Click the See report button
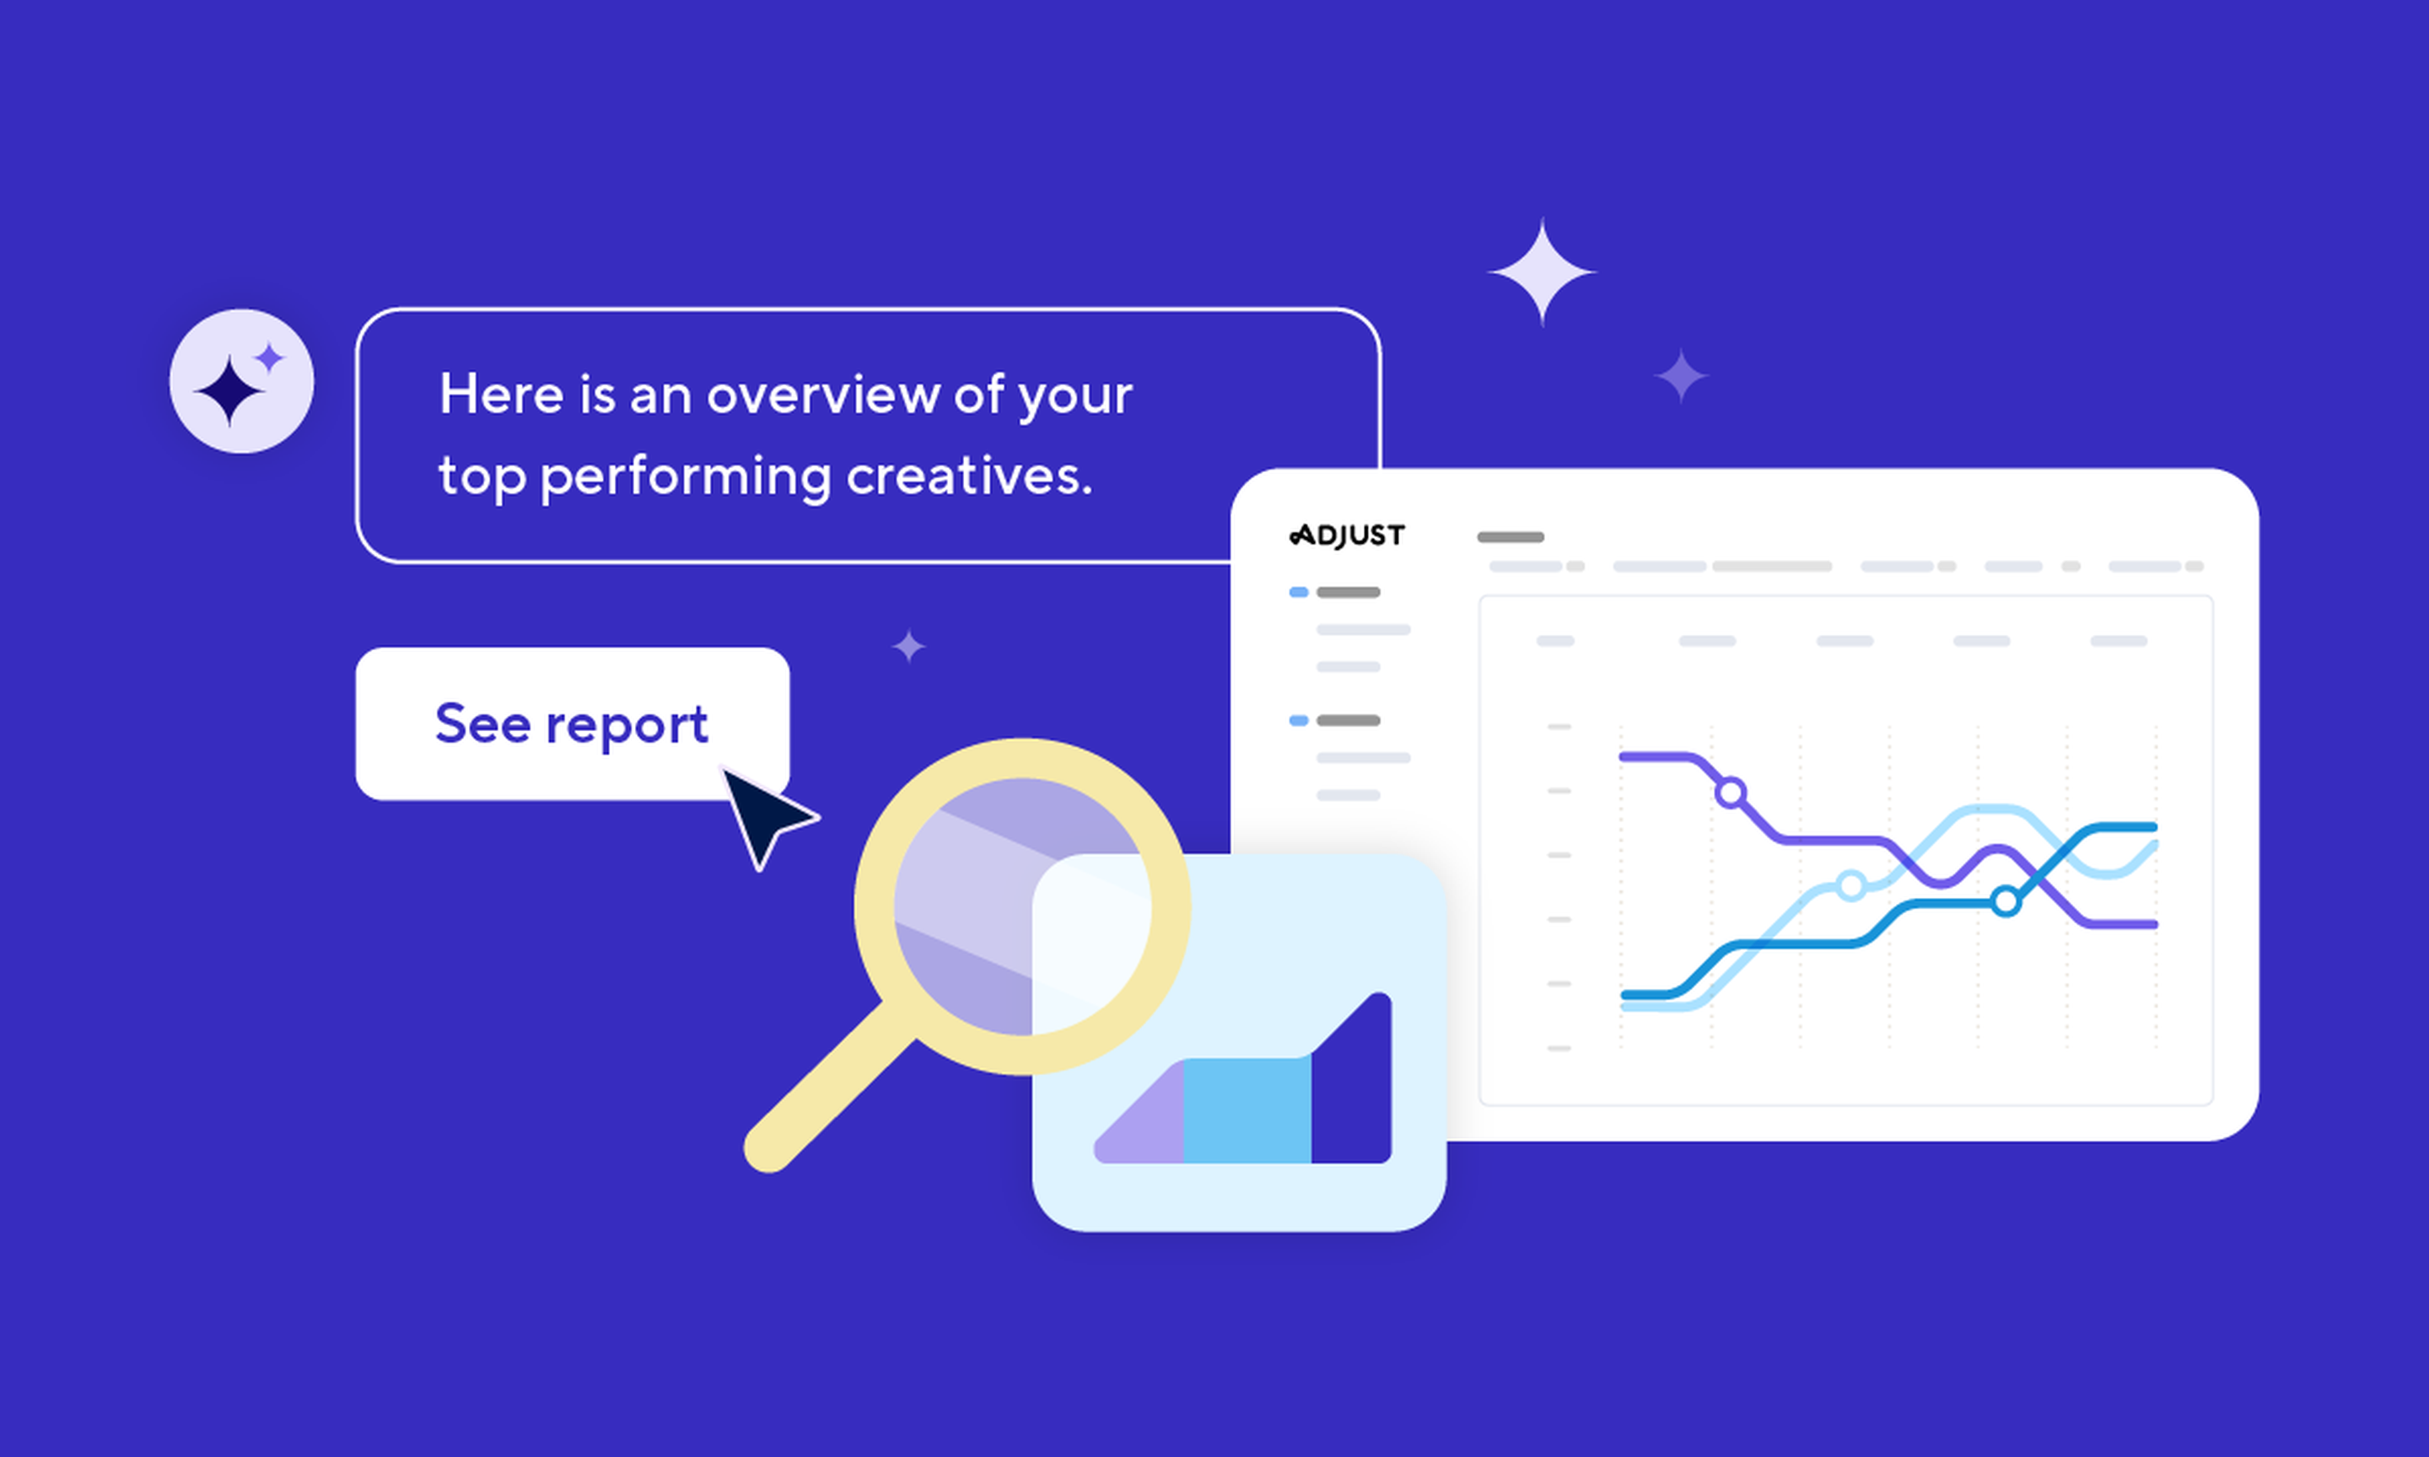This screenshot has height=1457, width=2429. coord(573,723)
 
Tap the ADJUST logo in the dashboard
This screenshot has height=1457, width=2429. coord(1347,535)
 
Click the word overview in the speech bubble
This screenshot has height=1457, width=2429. coord(823,395)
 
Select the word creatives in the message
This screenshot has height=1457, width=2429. coord(969,476)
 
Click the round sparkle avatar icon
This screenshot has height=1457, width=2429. coord(241,381)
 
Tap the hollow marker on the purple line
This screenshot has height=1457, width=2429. coord(1731,793)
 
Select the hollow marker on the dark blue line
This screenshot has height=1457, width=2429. coord(2006,901)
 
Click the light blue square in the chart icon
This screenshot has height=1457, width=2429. coord(1247,1110)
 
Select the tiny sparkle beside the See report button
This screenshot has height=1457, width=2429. coord(909,646)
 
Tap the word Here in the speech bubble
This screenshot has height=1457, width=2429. coord(502,394)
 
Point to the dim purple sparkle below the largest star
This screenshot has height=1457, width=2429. coord(1681,376)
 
